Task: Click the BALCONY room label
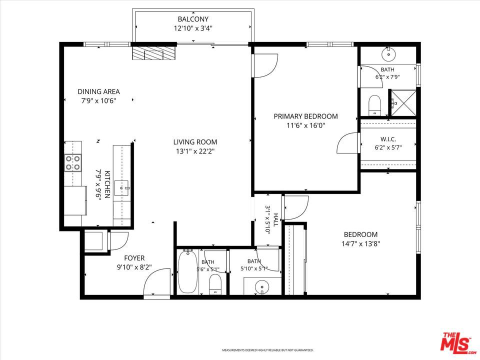[193, 19]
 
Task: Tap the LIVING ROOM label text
[195, 142]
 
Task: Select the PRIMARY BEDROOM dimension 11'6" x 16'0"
[305, 125]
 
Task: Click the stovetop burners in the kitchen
[73, 162]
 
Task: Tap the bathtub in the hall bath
[187, 271]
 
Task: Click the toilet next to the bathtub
[215, 284]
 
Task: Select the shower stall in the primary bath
[404, 103]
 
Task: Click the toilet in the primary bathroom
[374, 105]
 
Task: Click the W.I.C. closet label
[388, 139]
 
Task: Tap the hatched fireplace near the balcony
[154, 53]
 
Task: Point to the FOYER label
[134, 258]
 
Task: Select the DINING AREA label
[98, 91]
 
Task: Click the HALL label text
[276, 220]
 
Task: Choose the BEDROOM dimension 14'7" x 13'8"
[360, 244]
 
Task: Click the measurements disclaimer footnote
[267, 350]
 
